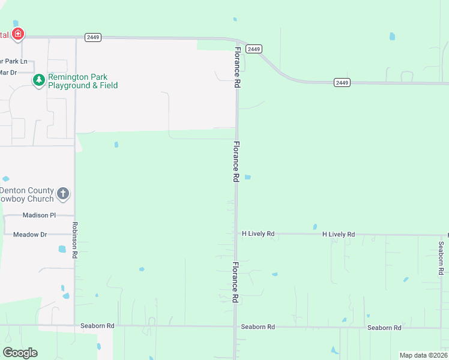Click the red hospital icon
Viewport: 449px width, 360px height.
click(18, 34)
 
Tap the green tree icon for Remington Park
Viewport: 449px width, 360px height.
click(39, 80)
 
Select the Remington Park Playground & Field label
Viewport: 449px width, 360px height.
click(83, 81)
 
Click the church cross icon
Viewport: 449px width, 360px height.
click(63, 193)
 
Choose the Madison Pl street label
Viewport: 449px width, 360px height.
click(39, 215)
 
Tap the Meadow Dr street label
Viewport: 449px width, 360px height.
click(30, 235)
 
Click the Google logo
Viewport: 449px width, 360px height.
click(20, 352)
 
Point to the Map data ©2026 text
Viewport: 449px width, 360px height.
click(423, 355)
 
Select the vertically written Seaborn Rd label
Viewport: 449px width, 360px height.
click(441, 257)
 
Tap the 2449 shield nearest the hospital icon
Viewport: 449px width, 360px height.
click(92, 37)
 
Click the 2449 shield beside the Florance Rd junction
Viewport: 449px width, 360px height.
click(255, 49)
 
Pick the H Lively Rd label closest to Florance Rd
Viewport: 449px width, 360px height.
click(258, 233)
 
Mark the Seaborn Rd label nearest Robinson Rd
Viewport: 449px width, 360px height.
click(97, 326)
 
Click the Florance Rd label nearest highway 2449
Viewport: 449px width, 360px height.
click(237, 67)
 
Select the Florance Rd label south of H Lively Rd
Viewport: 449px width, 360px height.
click(236, 282)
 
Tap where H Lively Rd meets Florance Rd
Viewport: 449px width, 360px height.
click(237, 233)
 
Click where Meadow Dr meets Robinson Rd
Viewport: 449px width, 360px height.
click(75, 235)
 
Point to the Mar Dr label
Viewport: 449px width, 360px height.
click(8, 72)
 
